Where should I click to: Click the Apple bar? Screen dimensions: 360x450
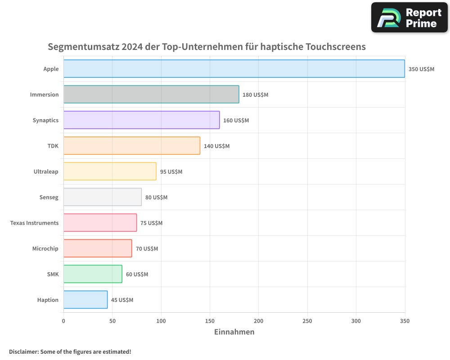234,69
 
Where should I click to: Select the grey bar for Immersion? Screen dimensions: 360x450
151,94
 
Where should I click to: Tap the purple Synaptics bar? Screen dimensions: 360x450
141,120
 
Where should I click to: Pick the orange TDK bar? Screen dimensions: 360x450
131,146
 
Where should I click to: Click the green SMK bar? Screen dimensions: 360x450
93,274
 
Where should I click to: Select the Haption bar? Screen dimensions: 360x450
85,300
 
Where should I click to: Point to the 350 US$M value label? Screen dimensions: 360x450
421,69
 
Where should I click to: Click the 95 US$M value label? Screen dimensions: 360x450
171,172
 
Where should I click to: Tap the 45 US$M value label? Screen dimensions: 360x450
122,300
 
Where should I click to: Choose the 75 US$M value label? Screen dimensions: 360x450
151,223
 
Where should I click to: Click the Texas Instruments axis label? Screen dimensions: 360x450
34,223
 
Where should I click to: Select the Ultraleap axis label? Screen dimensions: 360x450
46,172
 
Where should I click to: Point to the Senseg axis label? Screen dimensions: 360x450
49,198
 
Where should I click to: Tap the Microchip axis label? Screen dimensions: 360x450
45,249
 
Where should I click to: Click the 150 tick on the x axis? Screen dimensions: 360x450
210,321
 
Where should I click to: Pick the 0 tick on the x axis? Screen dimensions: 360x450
63,321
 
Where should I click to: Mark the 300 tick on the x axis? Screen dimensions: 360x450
356,321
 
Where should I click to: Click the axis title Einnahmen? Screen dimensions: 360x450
234,332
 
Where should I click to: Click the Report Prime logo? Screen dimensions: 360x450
409,17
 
